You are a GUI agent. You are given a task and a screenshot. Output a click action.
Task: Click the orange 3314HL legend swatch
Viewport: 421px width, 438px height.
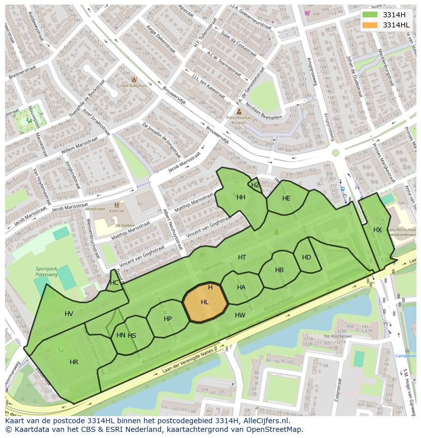371,25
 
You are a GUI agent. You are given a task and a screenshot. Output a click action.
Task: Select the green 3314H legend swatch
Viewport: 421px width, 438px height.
371,15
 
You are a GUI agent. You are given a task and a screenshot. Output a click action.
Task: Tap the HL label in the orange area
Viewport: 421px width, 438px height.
204,302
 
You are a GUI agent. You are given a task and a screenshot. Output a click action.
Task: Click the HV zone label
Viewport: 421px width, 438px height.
69,314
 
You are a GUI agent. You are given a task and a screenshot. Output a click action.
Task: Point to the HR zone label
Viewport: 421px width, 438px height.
74,362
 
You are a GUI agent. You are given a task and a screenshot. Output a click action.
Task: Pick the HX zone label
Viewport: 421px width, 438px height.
377,230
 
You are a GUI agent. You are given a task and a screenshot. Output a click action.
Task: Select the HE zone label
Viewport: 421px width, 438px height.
286,198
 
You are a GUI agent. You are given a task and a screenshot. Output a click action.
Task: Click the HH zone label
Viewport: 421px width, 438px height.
240,197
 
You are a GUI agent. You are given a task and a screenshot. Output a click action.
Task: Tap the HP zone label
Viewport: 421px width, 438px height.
168,319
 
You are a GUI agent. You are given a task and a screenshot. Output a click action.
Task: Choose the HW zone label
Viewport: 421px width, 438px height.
240,315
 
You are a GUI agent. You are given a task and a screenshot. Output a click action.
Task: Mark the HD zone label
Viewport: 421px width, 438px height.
306,257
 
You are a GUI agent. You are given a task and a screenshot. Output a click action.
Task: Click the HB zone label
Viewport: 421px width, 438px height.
279,270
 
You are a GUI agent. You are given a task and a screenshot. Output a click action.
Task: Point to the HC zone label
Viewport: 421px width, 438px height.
114,283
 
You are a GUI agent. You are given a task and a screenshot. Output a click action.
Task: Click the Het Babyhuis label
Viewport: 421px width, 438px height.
134,86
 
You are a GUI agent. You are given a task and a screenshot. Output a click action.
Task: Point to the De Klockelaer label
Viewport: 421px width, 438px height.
338,336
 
